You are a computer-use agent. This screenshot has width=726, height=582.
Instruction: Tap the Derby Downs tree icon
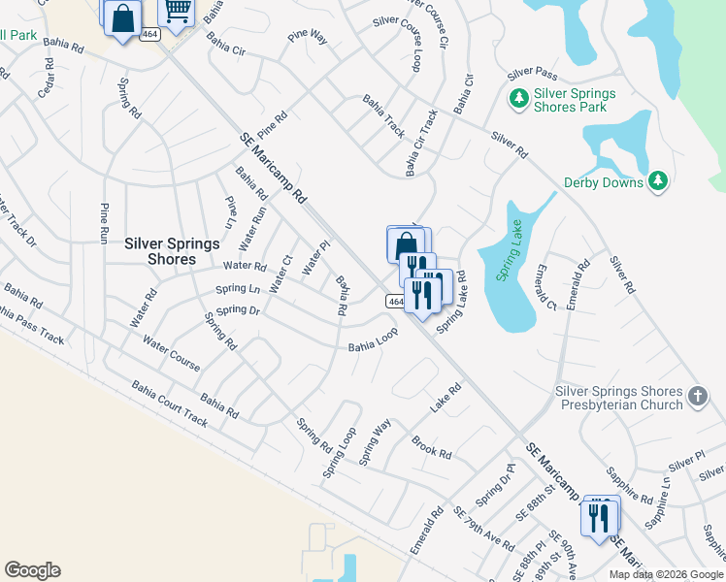[658, 181]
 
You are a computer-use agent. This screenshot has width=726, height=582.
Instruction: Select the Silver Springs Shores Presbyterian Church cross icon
[697, 396]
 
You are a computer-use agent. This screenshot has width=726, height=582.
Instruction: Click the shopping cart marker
[177, 12]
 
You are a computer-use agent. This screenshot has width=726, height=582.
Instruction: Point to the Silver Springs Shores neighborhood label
[159, 251]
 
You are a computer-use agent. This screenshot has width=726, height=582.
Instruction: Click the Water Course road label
[171, 353]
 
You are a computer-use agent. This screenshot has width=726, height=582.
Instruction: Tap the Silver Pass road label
[532, 74]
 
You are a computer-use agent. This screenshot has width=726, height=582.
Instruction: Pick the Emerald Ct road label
[544, 287]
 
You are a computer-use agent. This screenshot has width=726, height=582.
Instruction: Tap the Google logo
[32, 570]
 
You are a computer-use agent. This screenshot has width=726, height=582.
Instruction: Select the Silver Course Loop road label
[417, 48]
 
